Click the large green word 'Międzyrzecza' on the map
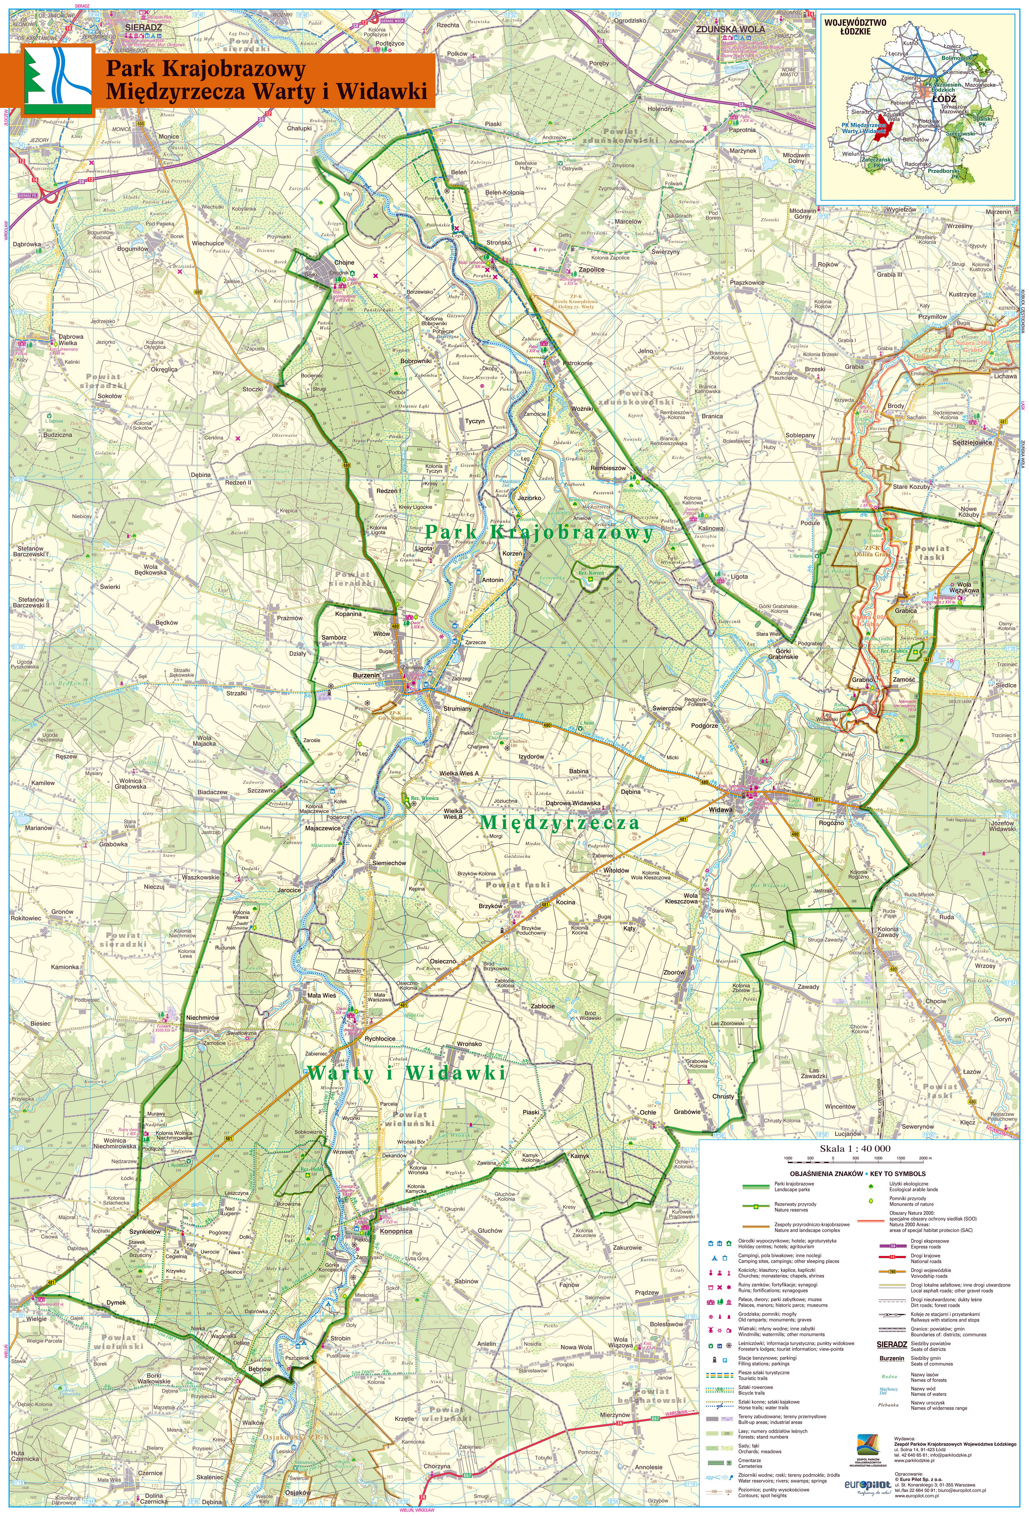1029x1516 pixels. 559,823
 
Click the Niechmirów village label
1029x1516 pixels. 202,1017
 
